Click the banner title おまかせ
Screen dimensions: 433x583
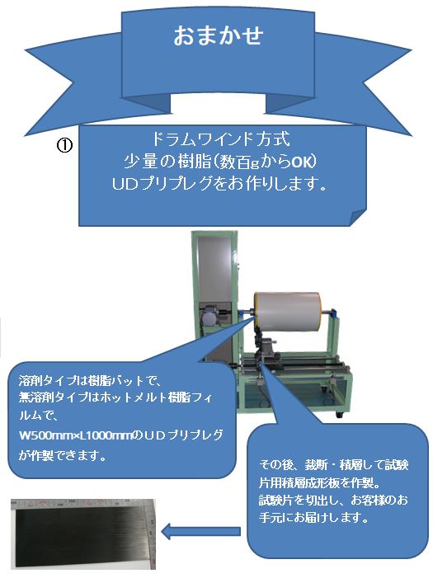219,35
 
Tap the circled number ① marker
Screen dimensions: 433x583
64,145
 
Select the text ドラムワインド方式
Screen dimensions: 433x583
220,139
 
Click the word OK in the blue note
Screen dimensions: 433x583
302,162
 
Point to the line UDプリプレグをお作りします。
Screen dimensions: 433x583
219,183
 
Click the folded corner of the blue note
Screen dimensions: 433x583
358,217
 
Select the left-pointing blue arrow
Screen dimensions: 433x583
200,531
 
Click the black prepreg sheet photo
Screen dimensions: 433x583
83,534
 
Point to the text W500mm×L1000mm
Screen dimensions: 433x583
76,435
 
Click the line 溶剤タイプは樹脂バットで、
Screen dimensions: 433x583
89,381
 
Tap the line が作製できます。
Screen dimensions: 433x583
63,455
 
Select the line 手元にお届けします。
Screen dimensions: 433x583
313,517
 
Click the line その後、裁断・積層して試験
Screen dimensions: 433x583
333,465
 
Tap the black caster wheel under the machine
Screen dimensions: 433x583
339,414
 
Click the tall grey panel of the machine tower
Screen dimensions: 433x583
214,271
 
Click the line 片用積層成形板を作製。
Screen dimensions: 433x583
319,482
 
